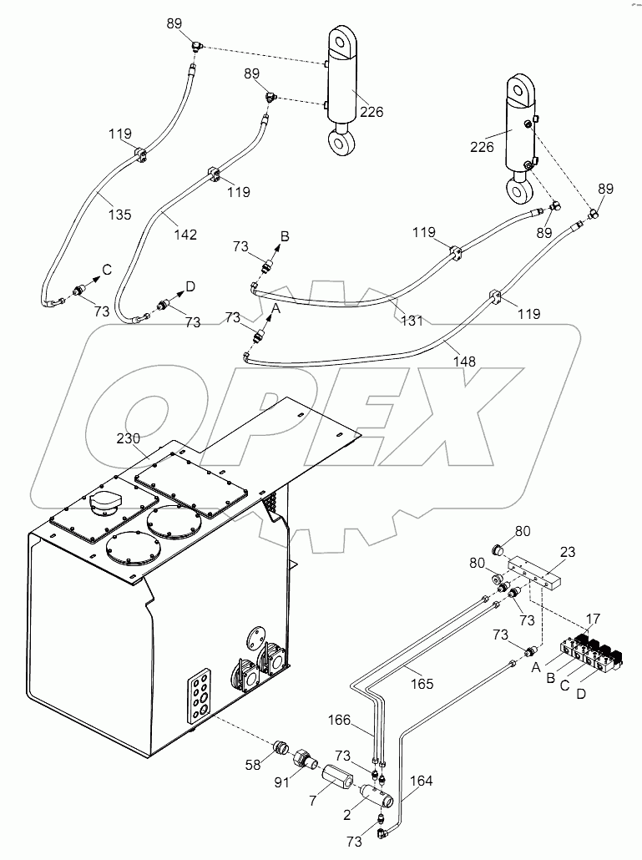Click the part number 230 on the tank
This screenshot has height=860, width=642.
(x=129, y=438)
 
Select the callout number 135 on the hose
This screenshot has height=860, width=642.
(x=120, y=215)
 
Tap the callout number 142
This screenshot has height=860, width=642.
(x=185, y=235)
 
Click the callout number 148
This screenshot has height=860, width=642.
(x=464, y=361)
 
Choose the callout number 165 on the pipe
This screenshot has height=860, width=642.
(x=422, y=684)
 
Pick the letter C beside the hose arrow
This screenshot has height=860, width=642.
(x=107, y=269)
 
